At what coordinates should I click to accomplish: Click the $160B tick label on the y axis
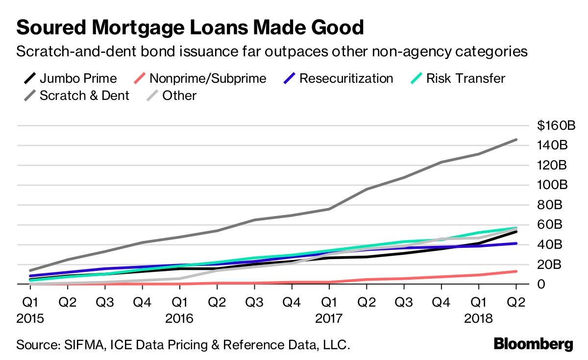556,126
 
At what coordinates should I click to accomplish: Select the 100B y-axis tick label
553,185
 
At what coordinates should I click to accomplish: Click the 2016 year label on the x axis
179,319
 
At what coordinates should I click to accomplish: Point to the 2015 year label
30,319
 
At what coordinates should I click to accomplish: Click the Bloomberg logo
533,344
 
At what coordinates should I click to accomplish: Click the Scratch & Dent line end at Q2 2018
516,140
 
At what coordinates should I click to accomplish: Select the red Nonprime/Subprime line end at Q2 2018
516,271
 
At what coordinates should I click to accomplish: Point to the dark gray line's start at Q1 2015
30,270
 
